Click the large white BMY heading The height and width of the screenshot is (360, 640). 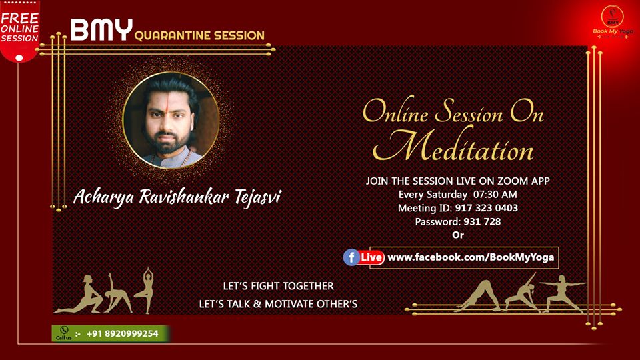click(x=101, y=29)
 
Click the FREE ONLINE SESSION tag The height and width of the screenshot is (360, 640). click(x=19, y=29)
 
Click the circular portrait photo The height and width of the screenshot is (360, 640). click(x=171, y=121)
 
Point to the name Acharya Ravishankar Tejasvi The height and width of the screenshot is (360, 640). click(x=177, y=197)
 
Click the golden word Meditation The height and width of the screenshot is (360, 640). click(x=453, y=146)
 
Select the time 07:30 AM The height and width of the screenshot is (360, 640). click(x=495, y=194)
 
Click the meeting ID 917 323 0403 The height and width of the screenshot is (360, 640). click(x=487, y=208)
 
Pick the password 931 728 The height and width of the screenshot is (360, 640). click(x=482, y=221)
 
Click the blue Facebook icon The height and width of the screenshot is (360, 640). click(x=351, y=257)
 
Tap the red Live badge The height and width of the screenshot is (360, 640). click(x=371, y=257)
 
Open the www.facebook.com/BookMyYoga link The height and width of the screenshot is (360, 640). click(x=471, y=257)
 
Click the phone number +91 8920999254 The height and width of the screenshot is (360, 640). click(x=123, y=334)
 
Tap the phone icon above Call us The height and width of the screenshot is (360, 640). click(x=64, y=330)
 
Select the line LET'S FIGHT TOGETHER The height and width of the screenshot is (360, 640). click(x=279, y=286)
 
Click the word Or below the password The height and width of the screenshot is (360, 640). click(x=458, y=235)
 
